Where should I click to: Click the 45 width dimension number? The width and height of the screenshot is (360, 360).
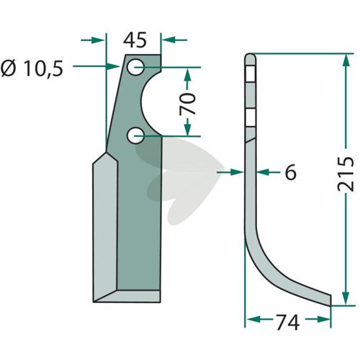click(x=135, y=40)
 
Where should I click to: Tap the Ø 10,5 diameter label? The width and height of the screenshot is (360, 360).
click(x=32, y=68)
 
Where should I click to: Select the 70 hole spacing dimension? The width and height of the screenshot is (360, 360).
click(x=187, y=104)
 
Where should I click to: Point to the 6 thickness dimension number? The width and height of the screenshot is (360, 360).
click(x=291, y=172)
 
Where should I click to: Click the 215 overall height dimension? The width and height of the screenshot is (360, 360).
click(x=346, y=174)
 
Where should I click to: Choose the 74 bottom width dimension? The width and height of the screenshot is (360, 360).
click(x=287, y=323)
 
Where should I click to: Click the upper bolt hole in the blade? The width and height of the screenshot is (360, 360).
click(x=135, y=68)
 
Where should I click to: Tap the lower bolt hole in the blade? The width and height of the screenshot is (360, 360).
click(x=135, y=136)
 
